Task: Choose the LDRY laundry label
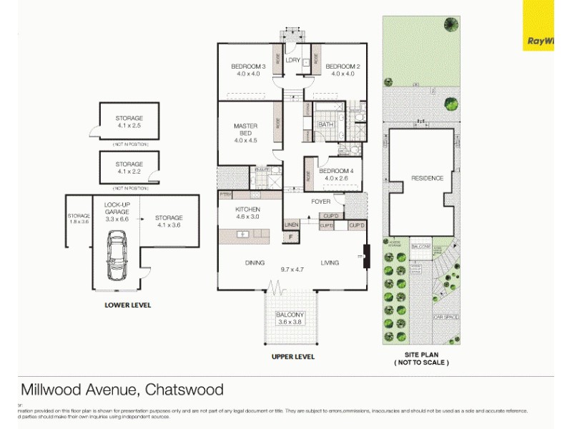[x=292, y=61]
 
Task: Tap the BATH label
[x=325, y=124]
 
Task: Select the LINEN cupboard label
[x=291, y=225]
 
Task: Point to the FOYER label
[x=320, y=202]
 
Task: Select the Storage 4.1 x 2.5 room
[x=129, y=122]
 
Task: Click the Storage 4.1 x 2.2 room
[x=129, y=168]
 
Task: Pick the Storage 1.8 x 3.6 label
[x=79, y=219]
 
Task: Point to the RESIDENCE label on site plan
[x=427, y=178]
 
